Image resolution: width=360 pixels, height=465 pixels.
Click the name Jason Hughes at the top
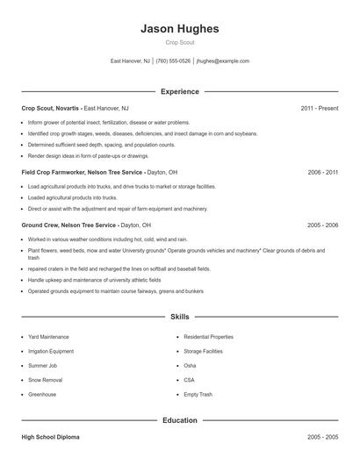pyautogui.click(x=179, y=28)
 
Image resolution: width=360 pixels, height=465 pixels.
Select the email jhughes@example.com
pyautogui.click(x=223, y=61)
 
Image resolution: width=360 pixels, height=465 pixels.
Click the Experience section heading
pyautogui.click(x=179, y=91)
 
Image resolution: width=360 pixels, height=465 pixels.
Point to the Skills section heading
pyautogui.click(x=179, y=316)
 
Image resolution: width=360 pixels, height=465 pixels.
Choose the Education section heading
pyautogui.click(x=179, y=420)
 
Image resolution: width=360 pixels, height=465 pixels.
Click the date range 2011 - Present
pyautogui.click(x=319, y=108)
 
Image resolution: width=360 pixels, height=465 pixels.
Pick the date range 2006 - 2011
pyautogui.click(x=322, y=172)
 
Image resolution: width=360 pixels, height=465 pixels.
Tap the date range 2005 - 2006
pyautogui.click(x=322, y=225)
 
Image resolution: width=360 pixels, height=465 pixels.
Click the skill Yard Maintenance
pyautogui.click(x=48, y=337)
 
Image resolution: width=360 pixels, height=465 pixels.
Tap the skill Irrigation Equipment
pyautogui.click(x=51, y=351)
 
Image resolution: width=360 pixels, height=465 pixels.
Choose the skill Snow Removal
pyautogui.click(x=45, y=380)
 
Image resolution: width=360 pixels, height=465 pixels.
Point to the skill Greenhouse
pyautogui.click(x=42, y=395)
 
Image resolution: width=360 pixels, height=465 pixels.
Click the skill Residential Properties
pyautogui.click(x=208, y=337)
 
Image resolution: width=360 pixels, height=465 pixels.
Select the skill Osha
pyautogui.click(x=191, y=366)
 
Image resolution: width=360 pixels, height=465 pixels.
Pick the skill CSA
pyautogui.click(x=189, y=380)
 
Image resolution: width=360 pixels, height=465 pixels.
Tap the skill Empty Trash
pyautogui.click(x=198, y=395)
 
